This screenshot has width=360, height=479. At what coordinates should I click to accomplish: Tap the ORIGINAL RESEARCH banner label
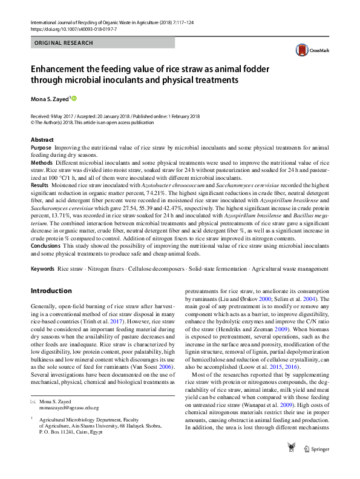click(64, 43)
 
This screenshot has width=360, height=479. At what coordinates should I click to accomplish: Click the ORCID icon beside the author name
click(75, 97)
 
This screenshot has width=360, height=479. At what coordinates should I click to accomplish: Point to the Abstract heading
click(42, 140)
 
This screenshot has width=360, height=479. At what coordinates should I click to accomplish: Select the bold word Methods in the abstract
click(42, 164)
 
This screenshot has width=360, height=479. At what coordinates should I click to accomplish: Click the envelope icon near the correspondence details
click(33, 402)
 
